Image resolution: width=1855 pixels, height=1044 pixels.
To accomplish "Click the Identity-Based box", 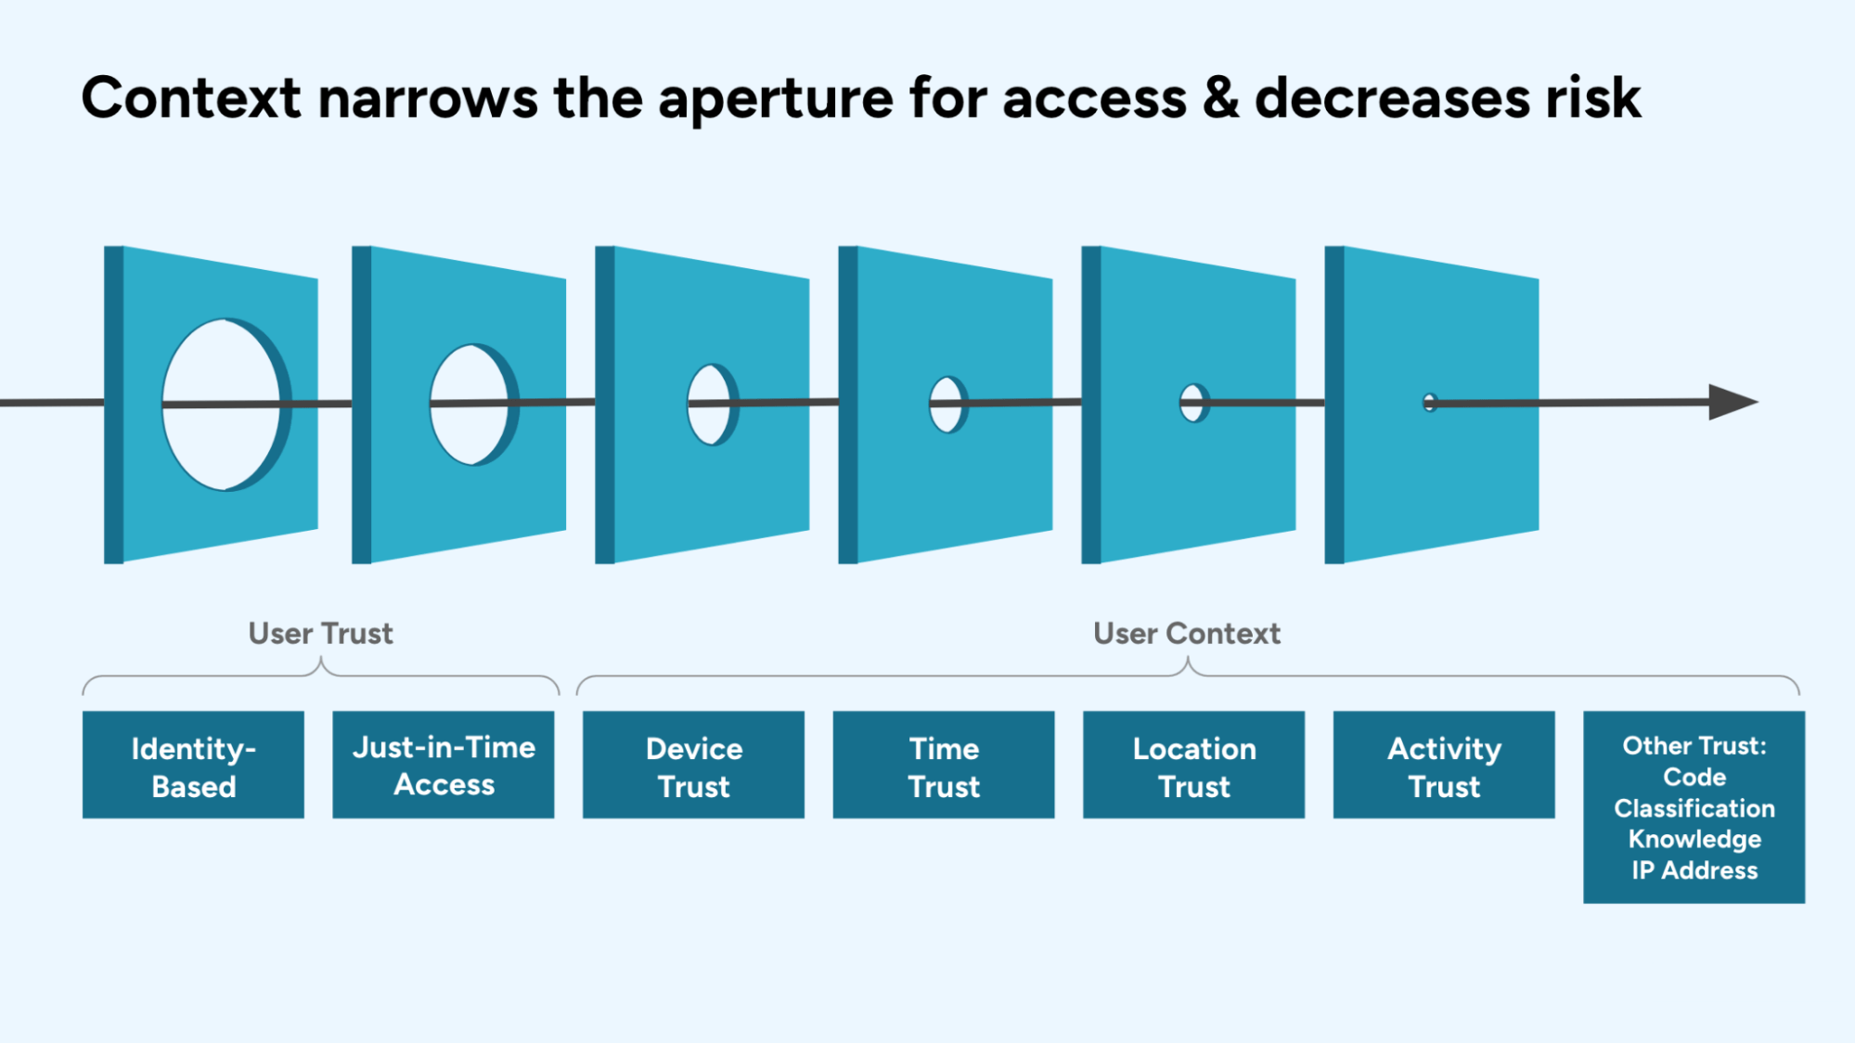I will coord(193,765).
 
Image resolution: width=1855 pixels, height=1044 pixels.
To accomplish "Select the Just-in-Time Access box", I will coord(443,765).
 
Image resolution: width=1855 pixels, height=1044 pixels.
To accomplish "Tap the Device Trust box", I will coord(693,765).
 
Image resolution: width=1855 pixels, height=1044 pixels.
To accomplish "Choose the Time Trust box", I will coord(943,765).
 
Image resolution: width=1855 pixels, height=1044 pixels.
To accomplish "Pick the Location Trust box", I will coord(1193,765).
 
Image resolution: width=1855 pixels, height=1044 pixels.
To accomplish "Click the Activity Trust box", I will coord(1443,765).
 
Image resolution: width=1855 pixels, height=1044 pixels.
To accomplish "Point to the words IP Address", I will coord(1694,870).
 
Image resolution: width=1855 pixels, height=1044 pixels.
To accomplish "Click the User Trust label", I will coord(320,633).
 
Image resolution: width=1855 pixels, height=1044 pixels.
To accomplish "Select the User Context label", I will coord(1186,633).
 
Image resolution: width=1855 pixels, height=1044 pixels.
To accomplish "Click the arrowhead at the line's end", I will coord(1731,402).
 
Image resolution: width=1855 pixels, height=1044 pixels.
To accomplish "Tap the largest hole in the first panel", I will coord(221,436).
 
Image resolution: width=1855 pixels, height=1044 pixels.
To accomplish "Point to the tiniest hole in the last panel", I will coord(1429,403).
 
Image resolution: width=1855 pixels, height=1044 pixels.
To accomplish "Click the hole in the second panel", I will coord(469,427).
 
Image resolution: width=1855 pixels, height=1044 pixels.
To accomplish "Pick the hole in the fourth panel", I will coord(946,416).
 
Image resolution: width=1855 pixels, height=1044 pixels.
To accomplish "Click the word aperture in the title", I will coord(775,98).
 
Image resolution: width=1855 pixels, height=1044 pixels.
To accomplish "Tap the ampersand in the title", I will coord(1220,98).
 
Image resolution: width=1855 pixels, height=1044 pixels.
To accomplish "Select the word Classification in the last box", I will coord(1694,808).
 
